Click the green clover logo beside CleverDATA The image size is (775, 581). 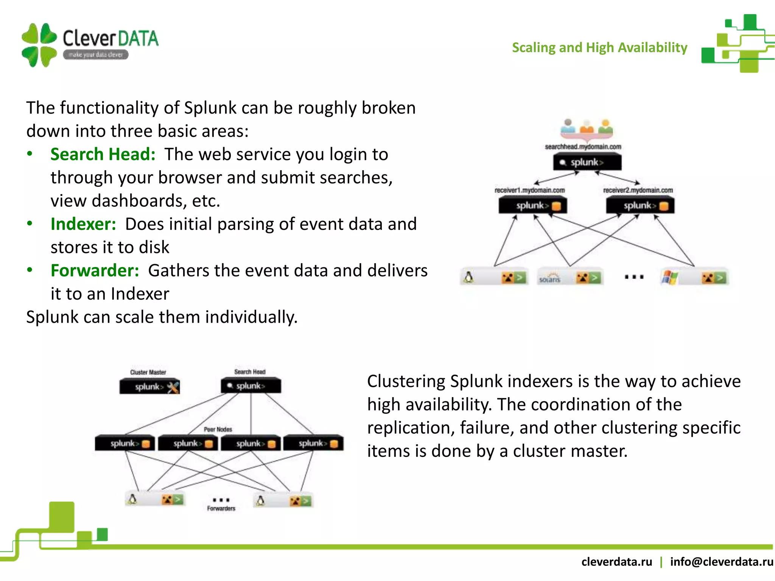click(x=39, y=45)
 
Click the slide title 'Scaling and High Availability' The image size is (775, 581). click(x=599, y=48)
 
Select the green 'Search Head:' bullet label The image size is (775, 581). click(x=103, y=154)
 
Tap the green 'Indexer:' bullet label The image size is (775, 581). click(x=83, y=224)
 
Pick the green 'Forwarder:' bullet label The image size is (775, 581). click(x=95, y=270)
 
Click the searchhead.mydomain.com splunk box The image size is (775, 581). click(x=587, y=163)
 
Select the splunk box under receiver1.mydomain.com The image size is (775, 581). click(x=532, y=206)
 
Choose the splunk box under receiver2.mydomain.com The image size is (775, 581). click(x=640, y=206)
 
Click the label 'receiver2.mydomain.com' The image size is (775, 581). click(x=638, y=190)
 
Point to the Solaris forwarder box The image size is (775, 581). click(x=570, y=278)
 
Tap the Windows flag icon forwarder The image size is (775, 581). click(x=669, y=278)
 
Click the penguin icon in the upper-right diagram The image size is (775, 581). click(x=469, y=278)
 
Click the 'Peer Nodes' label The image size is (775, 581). click(x=218, y=429)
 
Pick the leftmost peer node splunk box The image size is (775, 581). click(x=125, y=443)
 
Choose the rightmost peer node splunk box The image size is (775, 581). click(x=313, y=443)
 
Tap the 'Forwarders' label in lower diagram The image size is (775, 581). click(x=221, y=508)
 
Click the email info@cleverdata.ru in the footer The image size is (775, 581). click(x=722, y=562)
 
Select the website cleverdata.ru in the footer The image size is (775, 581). click(x=617, y=562)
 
